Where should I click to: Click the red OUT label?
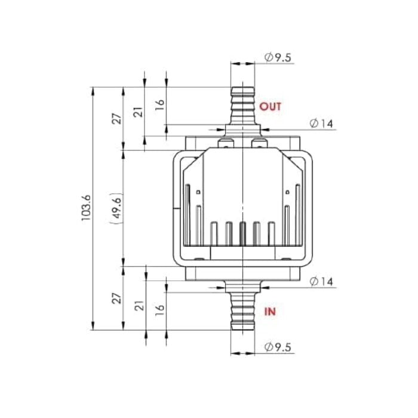tap(271, 107)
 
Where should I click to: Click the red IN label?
tap(270, 311)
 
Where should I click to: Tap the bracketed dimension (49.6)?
tap(117, 208)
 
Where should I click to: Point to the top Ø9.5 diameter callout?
tap(278, 57)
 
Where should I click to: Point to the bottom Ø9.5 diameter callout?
tap(278, 347)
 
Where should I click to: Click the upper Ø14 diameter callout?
tap(321, 124)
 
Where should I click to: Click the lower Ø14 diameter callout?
tap(321, 281)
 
